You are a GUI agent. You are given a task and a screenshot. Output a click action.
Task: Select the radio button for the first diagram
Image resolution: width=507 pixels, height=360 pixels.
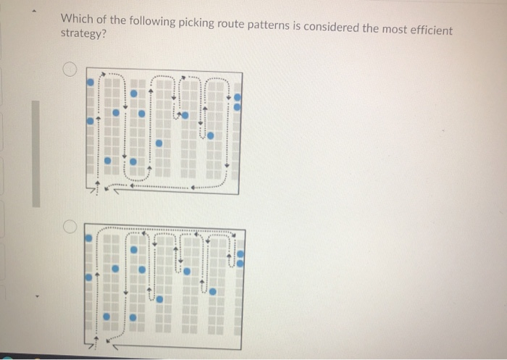(x=68, y=70)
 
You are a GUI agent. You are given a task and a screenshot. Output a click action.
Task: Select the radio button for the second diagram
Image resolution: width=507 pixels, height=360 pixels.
(x=68, y=227)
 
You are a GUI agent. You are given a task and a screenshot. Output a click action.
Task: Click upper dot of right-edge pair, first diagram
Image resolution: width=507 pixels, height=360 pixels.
(x=238, y=96)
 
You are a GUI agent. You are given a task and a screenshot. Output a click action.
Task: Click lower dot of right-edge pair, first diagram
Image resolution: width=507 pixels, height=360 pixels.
(x=238, y=106)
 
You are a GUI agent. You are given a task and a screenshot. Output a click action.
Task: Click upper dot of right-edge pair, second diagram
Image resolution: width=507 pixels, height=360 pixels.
(x=240, y=254)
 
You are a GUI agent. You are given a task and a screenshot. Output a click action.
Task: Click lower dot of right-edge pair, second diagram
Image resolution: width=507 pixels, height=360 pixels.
(x=240, y=262)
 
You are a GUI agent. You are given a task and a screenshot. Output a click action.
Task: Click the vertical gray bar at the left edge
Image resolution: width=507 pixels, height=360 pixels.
(x=35, y=152)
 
